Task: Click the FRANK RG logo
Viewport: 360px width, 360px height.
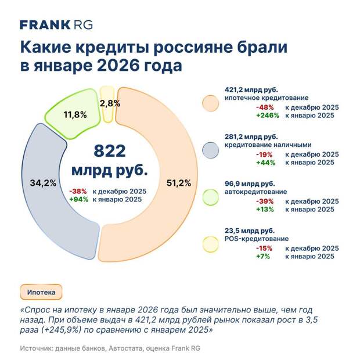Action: click(x=56, y=24)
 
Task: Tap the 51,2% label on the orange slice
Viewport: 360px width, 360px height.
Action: click(x=178, y=183)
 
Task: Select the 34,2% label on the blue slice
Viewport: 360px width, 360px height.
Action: click(x=42, y=183)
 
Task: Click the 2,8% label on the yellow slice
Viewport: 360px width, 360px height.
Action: click(x=110, y=103)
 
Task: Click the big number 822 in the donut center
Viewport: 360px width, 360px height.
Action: click(x=109, y=152)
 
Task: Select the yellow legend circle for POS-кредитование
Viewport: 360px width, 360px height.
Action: click(x=209, y=243)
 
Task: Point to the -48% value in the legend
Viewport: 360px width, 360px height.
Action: click(x=268, y=107)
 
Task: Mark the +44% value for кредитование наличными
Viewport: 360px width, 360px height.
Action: click(x=268, y=163)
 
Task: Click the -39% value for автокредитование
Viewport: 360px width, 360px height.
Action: click(x=268, y=201)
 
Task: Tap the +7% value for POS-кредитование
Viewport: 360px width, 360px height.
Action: click(x=269, y=256)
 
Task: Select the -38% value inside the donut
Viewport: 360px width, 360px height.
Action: click(x=78, y=191)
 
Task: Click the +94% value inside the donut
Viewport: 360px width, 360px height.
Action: click(x=78, y=199)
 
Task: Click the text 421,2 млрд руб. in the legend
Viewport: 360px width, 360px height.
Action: click(x=251, y=89)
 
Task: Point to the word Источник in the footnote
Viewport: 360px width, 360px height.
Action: click(x=38, y=348)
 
